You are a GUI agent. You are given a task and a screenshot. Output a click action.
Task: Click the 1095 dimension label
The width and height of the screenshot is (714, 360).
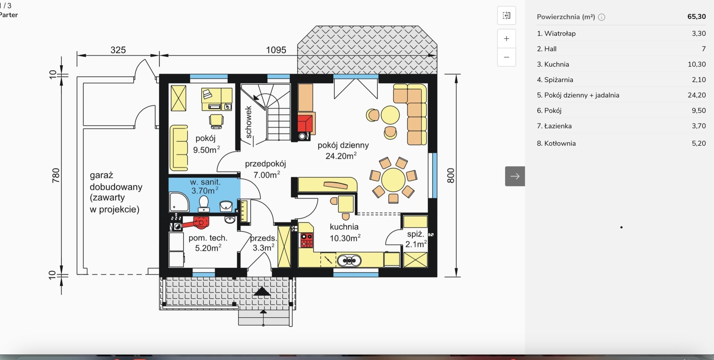(276, 50)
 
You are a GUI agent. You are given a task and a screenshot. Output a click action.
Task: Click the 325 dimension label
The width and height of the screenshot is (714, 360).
(118, 50)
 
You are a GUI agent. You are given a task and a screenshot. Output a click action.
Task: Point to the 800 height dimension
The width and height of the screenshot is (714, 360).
(450, 176)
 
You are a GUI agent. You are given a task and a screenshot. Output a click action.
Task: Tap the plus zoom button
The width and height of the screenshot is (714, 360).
(506, 39)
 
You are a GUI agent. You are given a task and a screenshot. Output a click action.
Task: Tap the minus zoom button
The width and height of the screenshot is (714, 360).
(506, 57)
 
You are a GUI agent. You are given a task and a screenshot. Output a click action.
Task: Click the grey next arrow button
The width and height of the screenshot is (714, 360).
(515, 176)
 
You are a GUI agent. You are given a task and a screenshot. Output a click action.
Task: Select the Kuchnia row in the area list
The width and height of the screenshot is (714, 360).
(621, 64)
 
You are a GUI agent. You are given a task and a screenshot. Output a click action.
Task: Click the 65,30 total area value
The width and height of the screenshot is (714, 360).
(697, 17)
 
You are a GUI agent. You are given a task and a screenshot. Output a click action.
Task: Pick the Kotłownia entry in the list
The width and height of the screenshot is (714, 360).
(621, 143)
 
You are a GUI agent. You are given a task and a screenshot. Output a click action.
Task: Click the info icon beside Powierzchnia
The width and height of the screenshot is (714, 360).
(602, 17)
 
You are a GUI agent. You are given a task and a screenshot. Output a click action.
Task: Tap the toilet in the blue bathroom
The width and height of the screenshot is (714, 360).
(203, 203)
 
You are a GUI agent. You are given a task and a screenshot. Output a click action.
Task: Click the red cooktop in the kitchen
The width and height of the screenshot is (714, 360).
(307, 240)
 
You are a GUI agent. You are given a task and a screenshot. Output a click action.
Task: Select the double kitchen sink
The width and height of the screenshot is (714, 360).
(349, 261)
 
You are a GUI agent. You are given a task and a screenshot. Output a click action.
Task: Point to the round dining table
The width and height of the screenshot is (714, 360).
(393, 180)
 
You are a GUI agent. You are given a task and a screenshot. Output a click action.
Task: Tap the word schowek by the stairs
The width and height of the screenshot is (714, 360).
(248, 122)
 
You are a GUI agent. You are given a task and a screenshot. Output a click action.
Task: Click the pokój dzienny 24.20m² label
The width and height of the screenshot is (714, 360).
(343, 150)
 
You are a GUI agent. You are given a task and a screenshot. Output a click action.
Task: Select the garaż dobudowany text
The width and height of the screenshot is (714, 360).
(116, 192)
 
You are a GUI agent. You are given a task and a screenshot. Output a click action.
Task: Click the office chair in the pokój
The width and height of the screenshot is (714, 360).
(216, 121)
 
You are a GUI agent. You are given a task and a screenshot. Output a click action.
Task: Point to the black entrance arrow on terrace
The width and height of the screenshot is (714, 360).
(262, 292)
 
